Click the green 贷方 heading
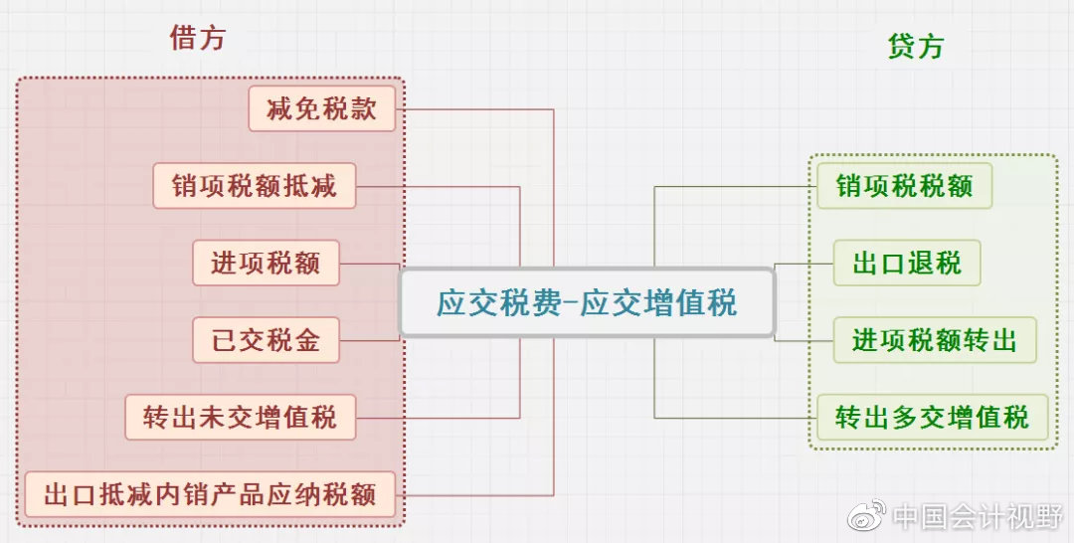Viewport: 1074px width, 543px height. pyautogui.click(x=915, y=46)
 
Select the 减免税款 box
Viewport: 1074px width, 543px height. pyautogui.click(x=322, y=108)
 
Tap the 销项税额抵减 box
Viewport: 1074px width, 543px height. pyautogui.click(x=255, y=186)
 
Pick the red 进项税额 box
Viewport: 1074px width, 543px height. pyautogui.click(x=266, y=263)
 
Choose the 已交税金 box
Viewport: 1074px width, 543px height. pyautogui.click(x=266, y=340)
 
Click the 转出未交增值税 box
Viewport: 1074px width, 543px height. pyautogui.click(x=241, y=417)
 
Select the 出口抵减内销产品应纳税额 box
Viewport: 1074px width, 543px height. pyautogui.click(x=210, y=494)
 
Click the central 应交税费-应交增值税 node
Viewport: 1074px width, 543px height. pyautogui.click(x=587, y=302)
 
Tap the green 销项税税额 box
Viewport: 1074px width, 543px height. pyautogui.click(x=904, y=186)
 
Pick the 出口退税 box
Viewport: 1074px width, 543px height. pyautogui.click(x=907, y=263)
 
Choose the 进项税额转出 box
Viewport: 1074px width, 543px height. pyautogui.click(x=934, y=340)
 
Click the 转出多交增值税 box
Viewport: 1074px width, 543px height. pyautogui.click(x=932, y=417)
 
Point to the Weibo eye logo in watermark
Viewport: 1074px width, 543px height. pyautogui.click(x=867, y=515)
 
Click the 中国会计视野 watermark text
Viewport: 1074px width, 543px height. pyautogui.click(x=978, y=516)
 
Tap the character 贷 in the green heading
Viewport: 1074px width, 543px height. pyautogui.click(x=901, y=46)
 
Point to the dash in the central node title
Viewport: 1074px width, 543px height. pyautogui.click(x=571, y=303)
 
